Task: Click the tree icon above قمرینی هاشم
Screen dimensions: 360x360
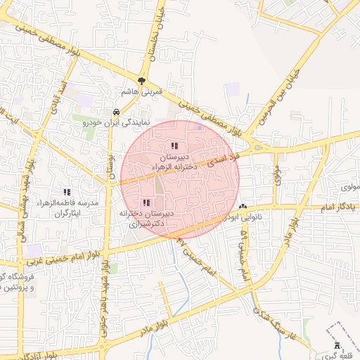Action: pyautogui.click(x=142, y=81)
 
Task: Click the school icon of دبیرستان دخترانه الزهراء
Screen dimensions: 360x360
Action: pyautogui.click(x=174, y=146)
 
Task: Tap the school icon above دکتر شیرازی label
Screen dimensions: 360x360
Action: pyautogui.click(x=146, y=202)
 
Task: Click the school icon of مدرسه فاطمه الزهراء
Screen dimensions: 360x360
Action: pyautogui.click(x=67, y=191)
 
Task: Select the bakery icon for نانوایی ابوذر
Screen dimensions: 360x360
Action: pyautogui.click(x=243, y=207)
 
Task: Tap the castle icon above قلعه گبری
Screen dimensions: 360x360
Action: pyautogui.click(x=336, y=346)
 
